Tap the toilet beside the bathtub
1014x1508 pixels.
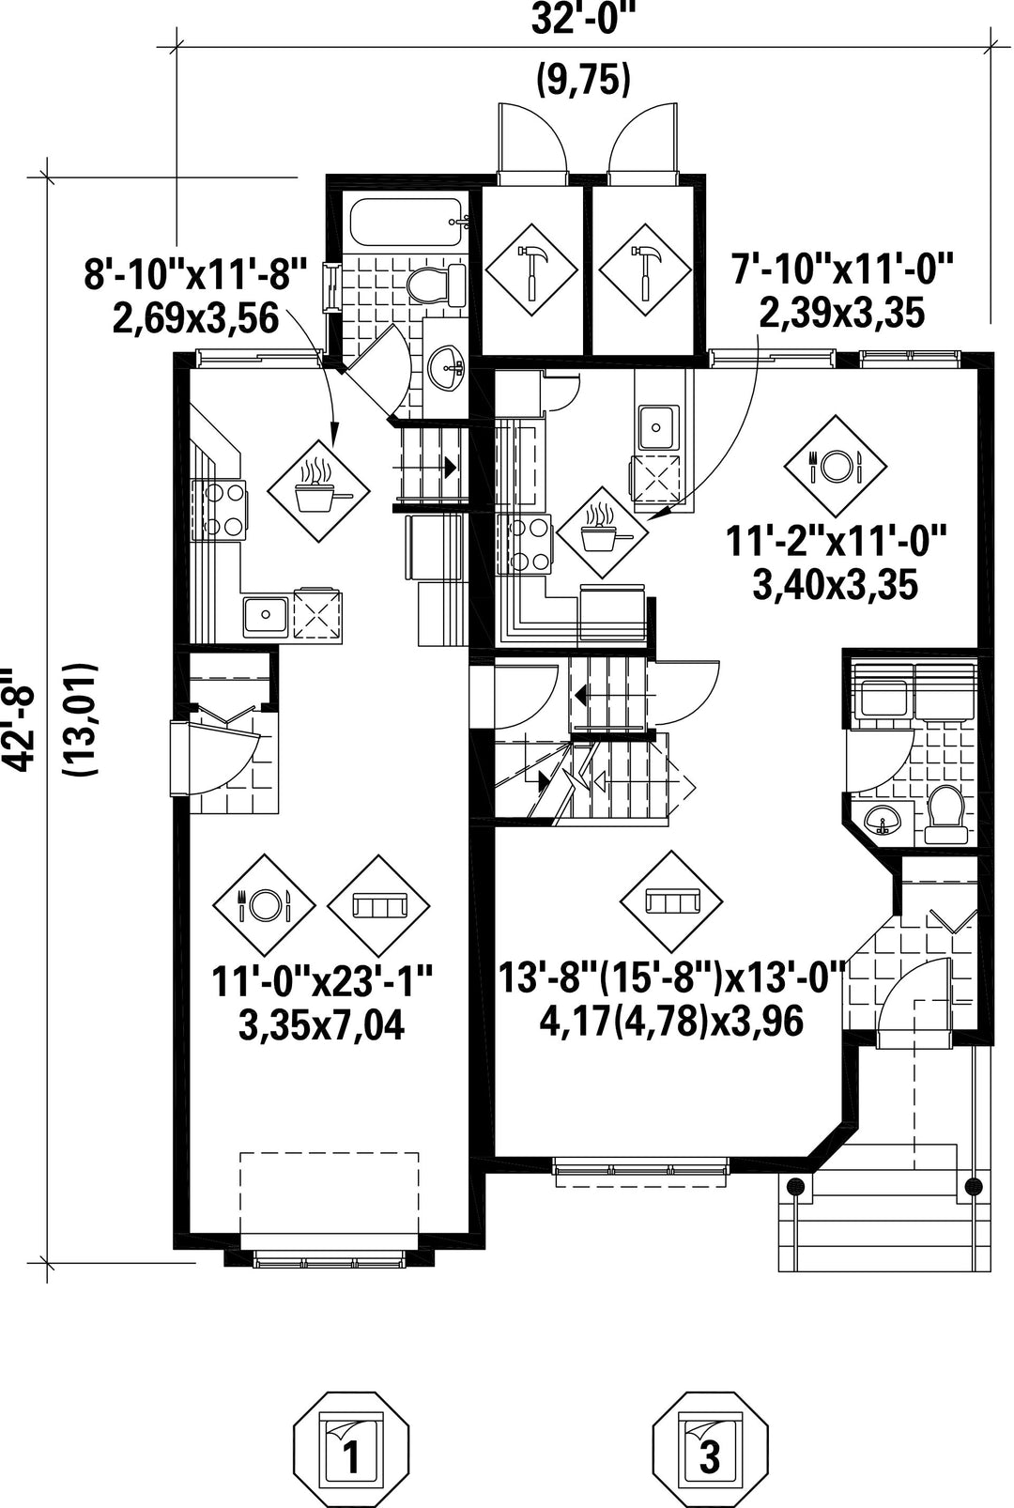[x=437, y=284]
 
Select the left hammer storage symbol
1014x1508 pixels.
[x=530, y=272]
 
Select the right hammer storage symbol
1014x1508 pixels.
[x=645, y=272]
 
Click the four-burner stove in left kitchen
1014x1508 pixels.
[x=221, y=510]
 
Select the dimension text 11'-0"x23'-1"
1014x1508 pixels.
[x=321, y=982]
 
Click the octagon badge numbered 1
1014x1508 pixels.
[x=351, y=1449]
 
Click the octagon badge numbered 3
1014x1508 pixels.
[x=710, y=1449]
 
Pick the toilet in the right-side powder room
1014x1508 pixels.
[x=945, y=812]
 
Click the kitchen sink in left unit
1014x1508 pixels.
[x=265, y=615]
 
